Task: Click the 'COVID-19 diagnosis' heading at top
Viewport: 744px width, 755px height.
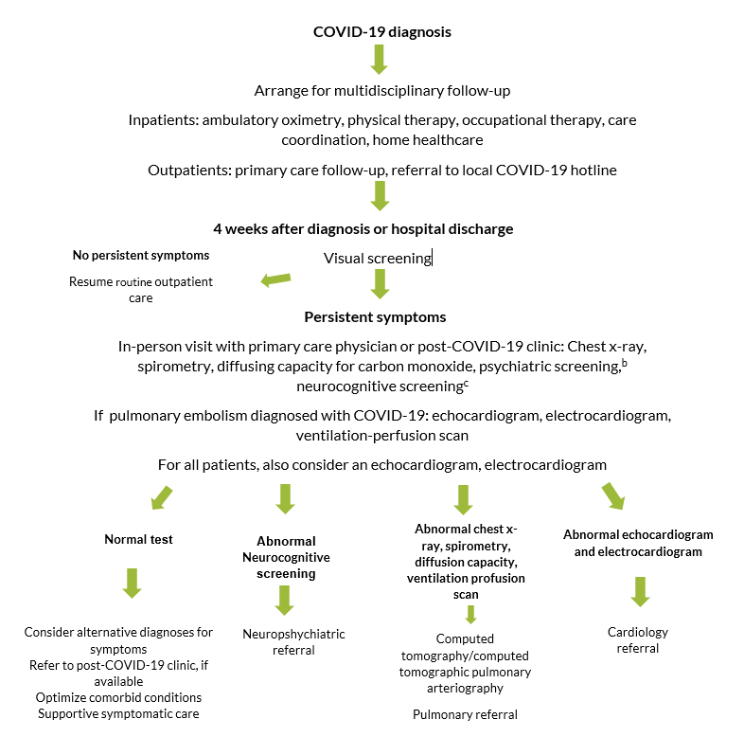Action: tap(381, 32)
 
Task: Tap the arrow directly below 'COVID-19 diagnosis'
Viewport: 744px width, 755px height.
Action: tap(379, 60)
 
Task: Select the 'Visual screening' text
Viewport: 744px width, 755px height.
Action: tap(376, 259)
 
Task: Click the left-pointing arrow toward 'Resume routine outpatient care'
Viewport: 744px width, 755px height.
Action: tap(275, 280)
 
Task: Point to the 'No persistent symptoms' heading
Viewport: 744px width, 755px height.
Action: tap(141, 256)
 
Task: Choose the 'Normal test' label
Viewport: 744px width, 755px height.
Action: tap(138, 540)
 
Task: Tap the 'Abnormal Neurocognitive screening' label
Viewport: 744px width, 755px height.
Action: tap(285, 557)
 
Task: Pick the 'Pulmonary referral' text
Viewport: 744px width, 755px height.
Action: tap(465, 715)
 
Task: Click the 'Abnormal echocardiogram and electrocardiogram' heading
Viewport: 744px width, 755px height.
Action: tap(638, 543)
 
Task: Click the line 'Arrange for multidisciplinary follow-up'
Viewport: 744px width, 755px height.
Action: tap(382, 91)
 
